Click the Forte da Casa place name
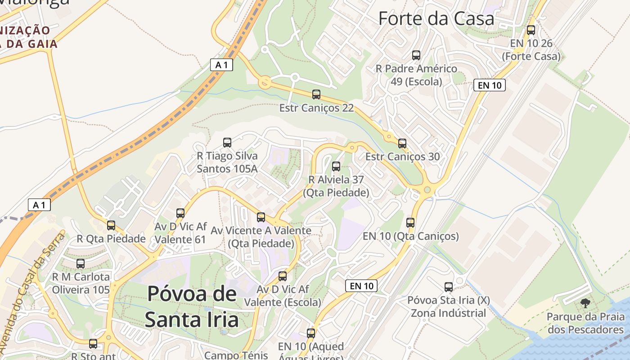436,18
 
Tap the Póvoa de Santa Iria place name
192,306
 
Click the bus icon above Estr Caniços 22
316,94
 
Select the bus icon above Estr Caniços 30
402,144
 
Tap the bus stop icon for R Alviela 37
336,166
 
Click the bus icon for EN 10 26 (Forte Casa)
531,30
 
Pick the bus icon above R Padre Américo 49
416,55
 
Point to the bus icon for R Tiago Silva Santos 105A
227,143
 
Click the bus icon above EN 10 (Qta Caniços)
410,222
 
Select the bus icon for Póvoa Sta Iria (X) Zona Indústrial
449,287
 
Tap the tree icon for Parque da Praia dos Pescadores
585,303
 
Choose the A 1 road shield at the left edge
39,205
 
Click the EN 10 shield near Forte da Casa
490,85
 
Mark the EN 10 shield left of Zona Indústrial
361,286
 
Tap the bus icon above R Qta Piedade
111,225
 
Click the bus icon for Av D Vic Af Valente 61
180,213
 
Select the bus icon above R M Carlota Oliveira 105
81,263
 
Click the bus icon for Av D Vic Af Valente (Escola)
283,276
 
